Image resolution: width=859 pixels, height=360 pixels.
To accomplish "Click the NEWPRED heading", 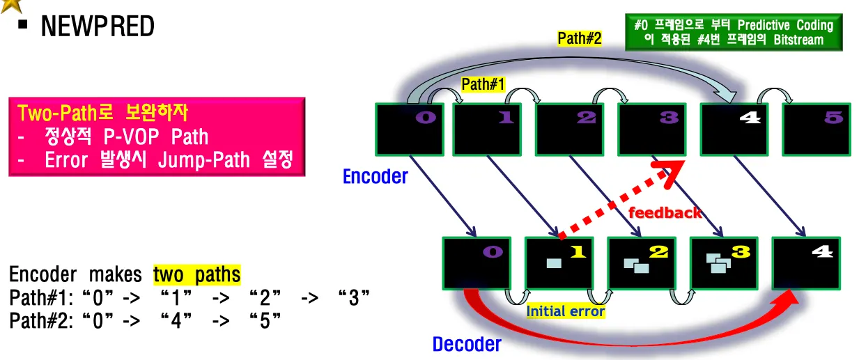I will tap(98, 26).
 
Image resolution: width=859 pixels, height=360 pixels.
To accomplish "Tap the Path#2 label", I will tap(579, 39).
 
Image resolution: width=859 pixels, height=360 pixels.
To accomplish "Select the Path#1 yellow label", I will tap(483, 84).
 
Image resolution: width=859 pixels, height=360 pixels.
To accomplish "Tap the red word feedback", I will tap(665, 212).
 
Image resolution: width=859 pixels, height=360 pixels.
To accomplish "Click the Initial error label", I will tap(566, 311).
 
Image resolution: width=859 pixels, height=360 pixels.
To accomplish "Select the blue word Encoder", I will tap(375, 177).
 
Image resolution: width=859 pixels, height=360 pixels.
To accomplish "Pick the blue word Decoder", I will tap(466, 344).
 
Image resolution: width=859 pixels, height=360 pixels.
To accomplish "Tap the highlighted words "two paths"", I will tap(196, 274).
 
